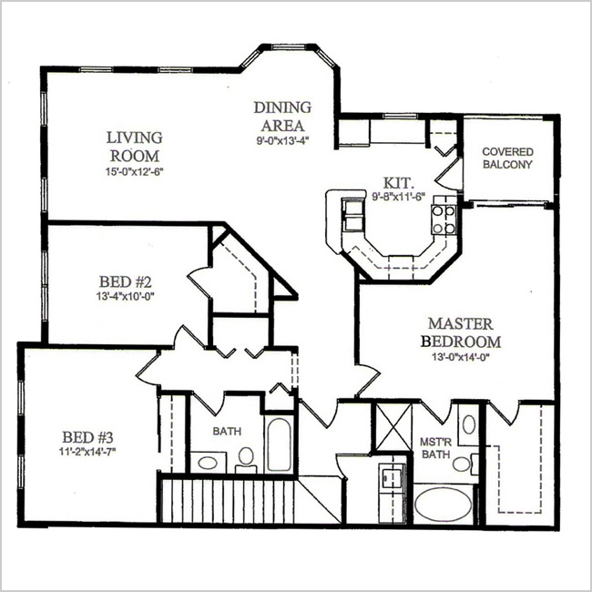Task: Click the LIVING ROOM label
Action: pyautogui.click(x=135, y=147)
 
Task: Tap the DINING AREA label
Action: pyautogui.click(x=282, y=117)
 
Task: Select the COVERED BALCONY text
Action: pyautogui.click(x=508, y=158)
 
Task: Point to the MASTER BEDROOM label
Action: pyautogui.click(x=461, y=332)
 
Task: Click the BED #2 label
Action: pyautogui.click(x=126, y=281)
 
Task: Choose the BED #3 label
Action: pyautogui.click(x=87, y=437)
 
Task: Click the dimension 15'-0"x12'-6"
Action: pyautogui.click(x=135, y=171)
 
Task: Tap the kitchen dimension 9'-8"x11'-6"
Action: pyautogui.click(x=399, y=197)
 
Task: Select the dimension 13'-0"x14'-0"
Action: pyautogui.click(x=461, y=357)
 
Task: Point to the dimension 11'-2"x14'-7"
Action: pyautogui.click(x=87, y=451)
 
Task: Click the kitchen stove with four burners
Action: pyautogui.click(x=444, y=219)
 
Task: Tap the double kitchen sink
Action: pyautogui.click(x=353, y=214)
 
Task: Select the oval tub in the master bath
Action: pyautogui.click(x=443, y=505)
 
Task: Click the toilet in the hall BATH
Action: pyautogui.click(x=246, y=459)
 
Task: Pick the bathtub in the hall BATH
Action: pyautogui.click(x=279, y=444)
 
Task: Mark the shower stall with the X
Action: pyautogui.click(x=393, y=426)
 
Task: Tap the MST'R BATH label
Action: pyautogui.click(x=435, y=448)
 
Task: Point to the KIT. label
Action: pyautogui.click(x=399, y=183)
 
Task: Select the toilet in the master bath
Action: pyautogui.click(x=464, y=464)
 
